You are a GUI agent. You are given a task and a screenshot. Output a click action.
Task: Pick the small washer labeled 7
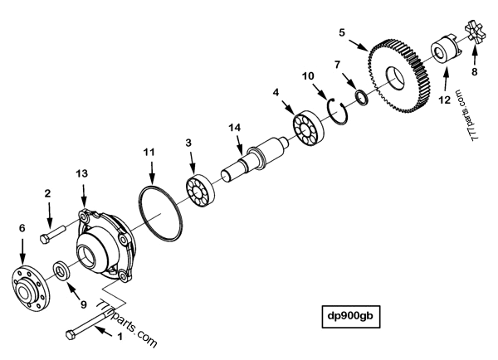[362, 100]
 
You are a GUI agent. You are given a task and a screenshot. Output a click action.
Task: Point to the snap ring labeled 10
[340, 111]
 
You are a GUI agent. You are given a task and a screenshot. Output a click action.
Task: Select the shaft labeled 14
[252, 162]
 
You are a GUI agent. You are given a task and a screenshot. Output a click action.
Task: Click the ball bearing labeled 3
[199, 193]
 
